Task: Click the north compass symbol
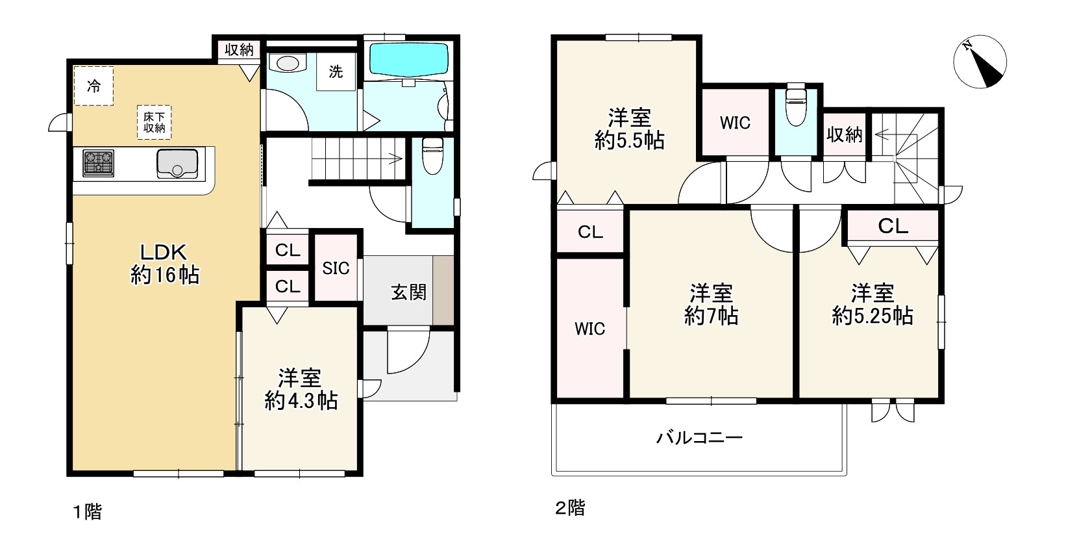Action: [980, 62]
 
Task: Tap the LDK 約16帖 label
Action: [165, 264]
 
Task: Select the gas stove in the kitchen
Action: [98, 163]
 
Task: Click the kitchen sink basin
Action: [177, 163]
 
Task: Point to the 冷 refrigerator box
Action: [93, 86]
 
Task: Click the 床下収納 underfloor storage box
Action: [155, 122]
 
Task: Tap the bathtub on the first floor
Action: [408, 59]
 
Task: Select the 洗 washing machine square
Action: [336, 71]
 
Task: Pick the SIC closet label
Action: [336, 268]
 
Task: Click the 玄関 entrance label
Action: [408, 292]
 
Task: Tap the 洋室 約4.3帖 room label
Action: [301, 389]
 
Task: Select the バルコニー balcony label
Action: [699, 437]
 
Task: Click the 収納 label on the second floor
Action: [844, 135]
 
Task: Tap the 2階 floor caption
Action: [570, 508]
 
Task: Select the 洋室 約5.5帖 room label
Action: [629, 129]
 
